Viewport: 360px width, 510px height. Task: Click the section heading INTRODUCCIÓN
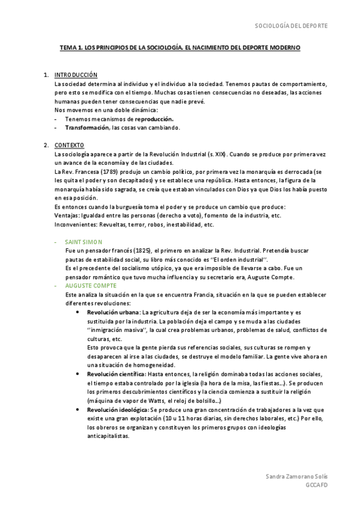click(76, 75)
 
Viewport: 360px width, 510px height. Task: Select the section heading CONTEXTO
click(69, 146)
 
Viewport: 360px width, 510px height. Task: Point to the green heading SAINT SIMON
click(84, 241)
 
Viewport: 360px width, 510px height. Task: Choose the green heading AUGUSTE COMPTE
click(93, 286)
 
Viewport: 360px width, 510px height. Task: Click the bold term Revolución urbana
click(113, 313)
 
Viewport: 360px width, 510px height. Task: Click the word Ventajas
click(67, 215)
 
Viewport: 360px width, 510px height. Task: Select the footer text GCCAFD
click(316, 485)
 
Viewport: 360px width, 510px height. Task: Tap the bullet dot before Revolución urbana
click(79, 313)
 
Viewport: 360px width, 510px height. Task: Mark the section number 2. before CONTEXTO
click(46, 146)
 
